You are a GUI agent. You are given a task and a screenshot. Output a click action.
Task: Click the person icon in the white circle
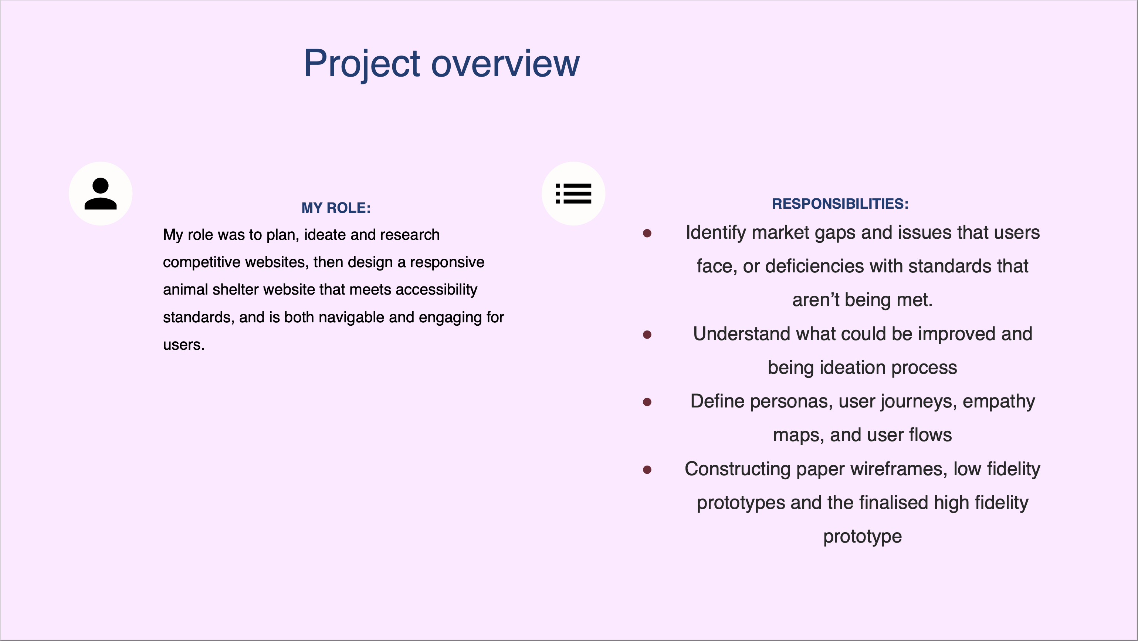[101, 194]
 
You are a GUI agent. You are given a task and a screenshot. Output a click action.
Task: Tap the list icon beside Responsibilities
[573, 194]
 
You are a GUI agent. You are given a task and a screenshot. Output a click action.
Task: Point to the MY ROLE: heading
[336, 208]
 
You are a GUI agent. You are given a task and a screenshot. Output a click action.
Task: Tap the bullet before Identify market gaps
[647, 233]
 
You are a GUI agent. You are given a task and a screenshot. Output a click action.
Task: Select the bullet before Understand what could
[647, 335]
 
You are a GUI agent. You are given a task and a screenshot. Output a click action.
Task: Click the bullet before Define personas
[647, 402]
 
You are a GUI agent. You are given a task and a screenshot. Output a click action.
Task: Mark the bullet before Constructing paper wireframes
[647, 470]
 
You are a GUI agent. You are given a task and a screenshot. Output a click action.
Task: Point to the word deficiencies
[834, 266]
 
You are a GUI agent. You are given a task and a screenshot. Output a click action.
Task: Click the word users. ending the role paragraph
[184, 345]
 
